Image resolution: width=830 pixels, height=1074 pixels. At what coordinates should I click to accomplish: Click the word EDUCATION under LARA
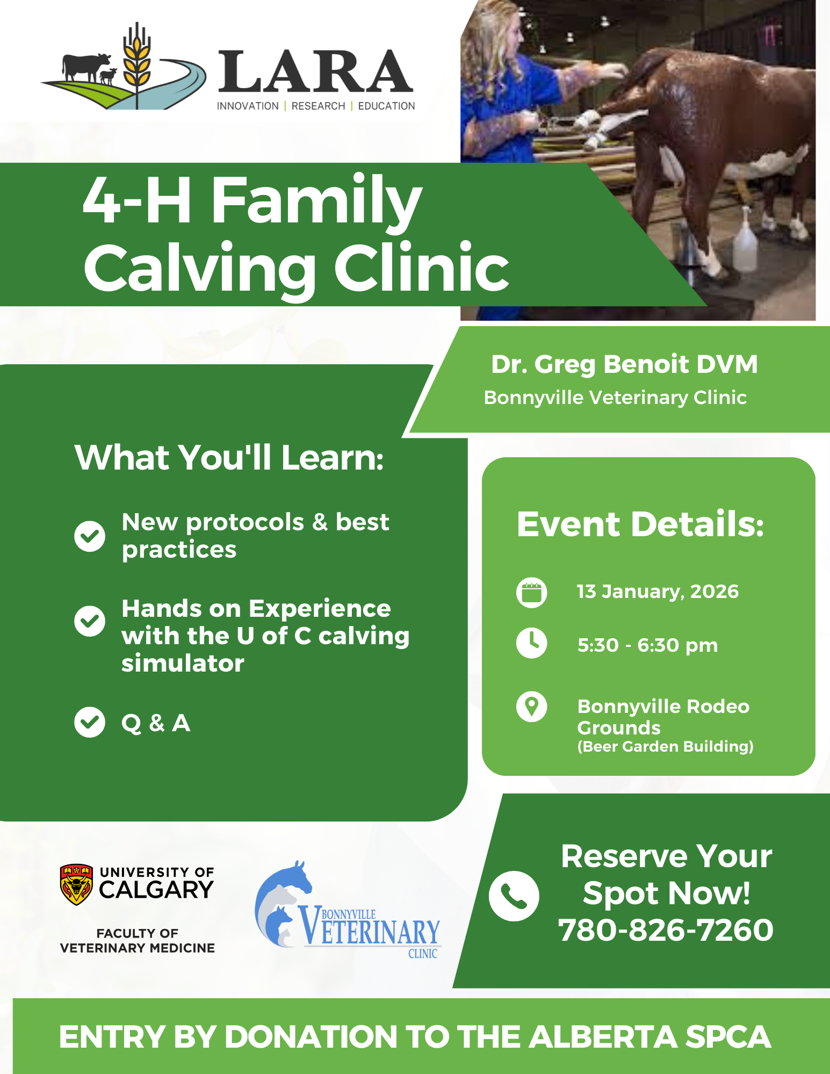coord(386,106)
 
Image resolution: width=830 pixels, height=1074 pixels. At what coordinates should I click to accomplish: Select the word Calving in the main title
coord(200,268)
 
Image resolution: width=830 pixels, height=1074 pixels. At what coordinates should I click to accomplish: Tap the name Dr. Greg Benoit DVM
coord(624,364)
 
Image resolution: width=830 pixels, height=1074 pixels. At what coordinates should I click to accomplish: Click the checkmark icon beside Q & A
coord(90,722)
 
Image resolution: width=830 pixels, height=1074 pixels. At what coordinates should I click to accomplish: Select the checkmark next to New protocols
coord(90,536)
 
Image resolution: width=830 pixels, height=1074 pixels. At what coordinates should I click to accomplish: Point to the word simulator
coord(183,663)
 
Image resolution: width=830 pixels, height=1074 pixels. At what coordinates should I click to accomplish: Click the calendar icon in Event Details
coord(532,593)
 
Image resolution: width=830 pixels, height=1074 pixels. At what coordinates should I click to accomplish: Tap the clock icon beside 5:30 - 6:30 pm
coord(532,643)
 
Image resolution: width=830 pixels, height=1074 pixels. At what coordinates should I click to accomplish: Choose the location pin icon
coord(532,707)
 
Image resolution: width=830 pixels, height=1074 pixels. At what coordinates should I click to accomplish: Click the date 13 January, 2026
coord(658,592)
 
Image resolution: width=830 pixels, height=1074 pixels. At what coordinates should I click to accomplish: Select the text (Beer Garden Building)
coord(666,746)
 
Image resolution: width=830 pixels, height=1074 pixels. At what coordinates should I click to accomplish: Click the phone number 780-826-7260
coord(666,930)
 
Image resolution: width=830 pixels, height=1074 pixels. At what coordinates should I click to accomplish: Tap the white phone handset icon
coord(514,896)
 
